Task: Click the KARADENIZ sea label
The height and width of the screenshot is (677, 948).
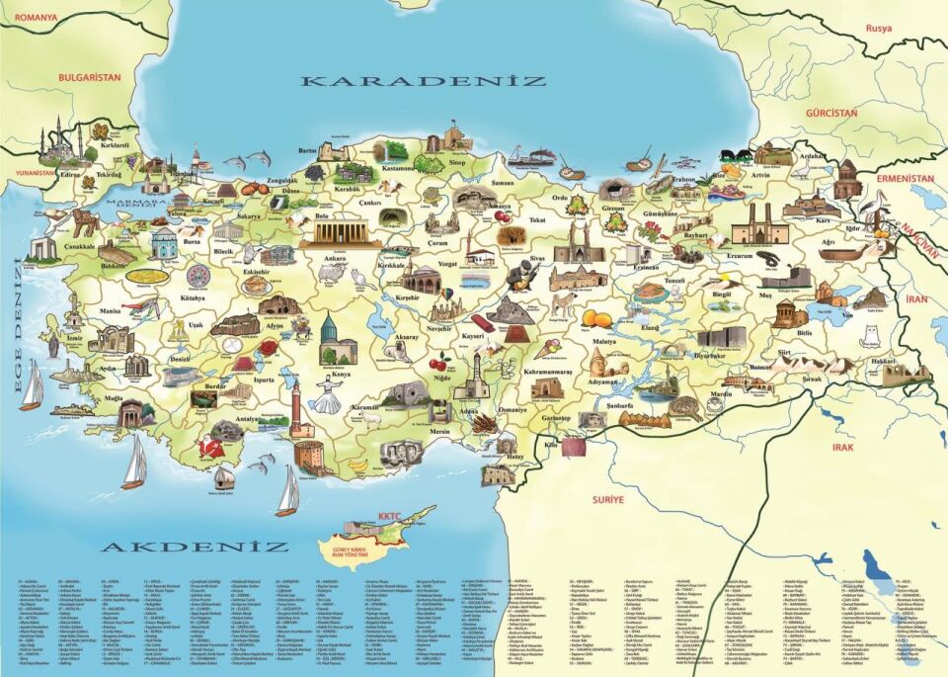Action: pyautogui.click(x=424, y=81)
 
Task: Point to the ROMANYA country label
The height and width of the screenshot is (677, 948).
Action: pyautogui.click(x=29, y=17)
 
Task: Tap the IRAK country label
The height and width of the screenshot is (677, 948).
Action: pyautogui.click(x=842, y=447)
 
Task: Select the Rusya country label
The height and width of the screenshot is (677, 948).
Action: pyautogui.click(x=878, y=28)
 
